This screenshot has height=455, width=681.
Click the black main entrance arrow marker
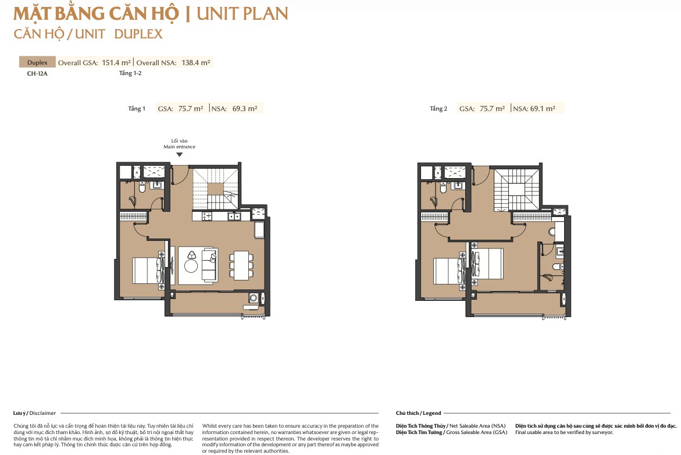[179, 154]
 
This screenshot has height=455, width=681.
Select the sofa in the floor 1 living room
[210, 265]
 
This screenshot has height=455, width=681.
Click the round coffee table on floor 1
[191, 265]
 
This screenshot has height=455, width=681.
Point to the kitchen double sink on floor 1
[234, 216]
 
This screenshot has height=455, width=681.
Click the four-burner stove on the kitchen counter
[206, 216]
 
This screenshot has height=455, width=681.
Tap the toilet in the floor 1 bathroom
[142, 188]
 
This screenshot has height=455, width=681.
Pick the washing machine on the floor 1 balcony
[253, 298]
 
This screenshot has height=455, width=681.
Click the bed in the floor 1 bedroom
[147, 271]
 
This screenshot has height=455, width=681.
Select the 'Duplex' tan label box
[37, 62]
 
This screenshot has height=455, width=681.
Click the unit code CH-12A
[37, 73]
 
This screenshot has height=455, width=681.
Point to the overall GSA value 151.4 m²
[116, 63]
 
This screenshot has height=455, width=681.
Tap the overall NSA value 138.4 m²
[196, 63]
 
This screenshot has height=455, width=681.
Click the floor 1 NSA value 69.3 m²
[244, 109]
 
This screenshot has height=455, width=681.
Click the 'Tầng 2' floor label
[438, 109]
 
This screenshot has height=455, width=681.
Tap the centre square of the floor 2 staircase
[516, 190]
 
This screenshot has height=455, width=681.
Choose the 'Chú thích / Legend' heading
[418, 413]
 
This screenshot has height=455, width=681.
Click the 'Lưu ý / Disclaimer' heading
[34, 413]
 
